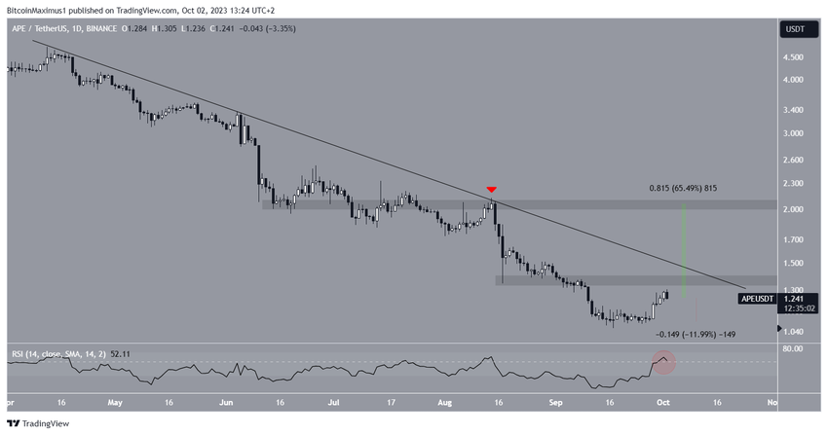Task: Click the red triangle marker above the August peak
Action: tap(492, 189)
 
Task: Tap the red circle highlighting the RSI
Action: tap(664, 362)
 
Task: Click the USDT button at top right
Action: tap(795, 29)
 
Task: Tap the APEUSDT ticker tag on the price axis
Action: tap(756, 301)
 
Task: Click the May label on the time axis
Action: tap(115, 400)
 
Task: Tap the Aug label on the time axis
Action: tap(446, 400)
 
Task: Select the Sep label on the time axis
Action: tap(556, 400)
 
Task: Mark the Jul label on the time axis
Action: tap(336, 400)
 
